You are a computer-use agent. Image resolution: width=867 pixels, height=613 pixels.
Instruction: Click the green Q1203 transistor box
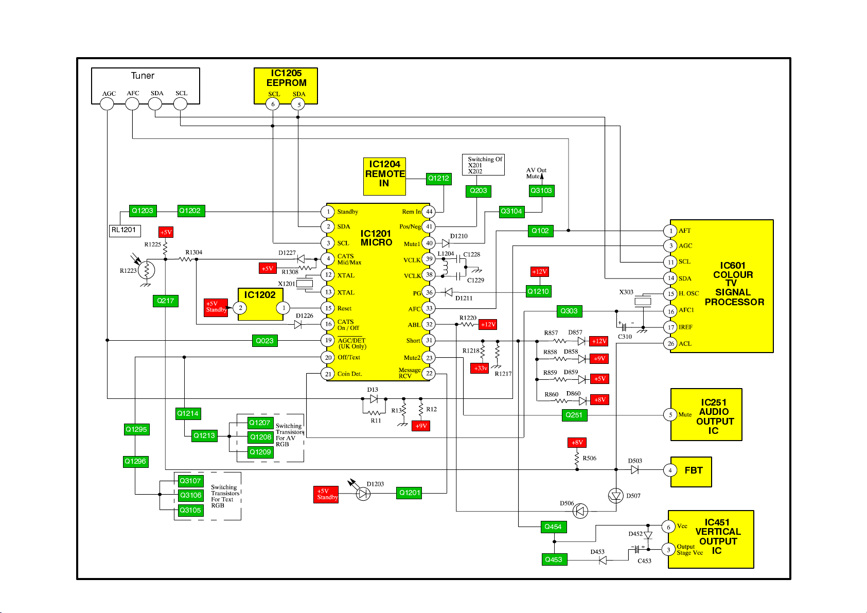(x=143, y=211)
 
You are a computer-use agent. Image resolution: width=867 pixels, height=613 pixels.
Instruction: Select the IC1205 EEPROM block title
(x=286, y=78)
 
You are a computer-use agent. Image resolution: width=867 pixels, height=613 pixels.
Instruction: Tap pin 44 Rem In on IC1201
(x=429, y=212)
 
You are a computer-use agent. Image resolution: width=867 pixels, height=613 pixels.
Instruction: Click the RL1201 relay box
(x=125, y=231)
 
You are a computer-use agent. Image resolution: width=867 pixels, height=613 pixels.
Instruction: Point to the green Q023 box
(x=265, y=341)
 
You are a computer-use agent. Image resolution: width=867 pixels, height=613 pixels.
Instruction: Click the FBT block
(x=691, y=471)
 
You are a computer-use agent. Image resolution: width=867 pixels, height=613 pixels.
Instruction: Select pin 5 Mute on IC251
(x=670, y=415)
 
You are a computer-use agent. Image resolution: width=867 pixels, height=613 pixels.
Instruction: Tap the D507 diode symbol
(x=615, y=496)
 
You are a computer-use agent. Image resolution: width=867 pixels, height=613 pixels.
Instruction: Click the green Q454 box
(x=554, y=527)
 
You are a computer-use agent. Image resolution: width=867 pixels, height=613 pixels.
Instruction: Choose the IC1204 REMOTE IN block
(x=384, y=176)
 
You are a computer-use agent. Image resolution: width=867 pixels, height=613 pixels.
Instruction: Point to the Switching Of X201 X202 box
(x=483, y=165)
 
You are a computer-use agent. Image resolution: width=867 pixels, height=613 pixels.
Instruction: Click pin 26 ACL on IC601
(x=670, y=343)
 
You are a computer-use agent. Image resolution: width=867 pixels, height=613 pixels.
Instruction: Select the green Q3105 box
(x=190, y=511)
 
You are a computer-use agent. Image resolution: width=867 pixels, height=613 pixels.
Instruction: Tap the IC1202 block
(x=260, y=304)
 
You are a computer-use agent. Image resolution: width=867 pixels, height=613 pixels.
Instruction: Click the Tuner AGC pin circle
(x=107, y=104)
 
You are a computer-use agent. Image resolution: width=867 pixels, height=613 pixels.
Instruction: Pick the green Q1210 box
(x=538, y=292)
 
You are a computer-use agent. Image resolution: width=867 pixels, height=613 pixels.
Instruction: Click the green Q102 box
(x=540, y=231)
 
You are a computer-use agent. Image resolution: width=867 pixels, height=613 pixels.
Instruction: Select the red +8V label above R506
(x=577, y=443)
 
